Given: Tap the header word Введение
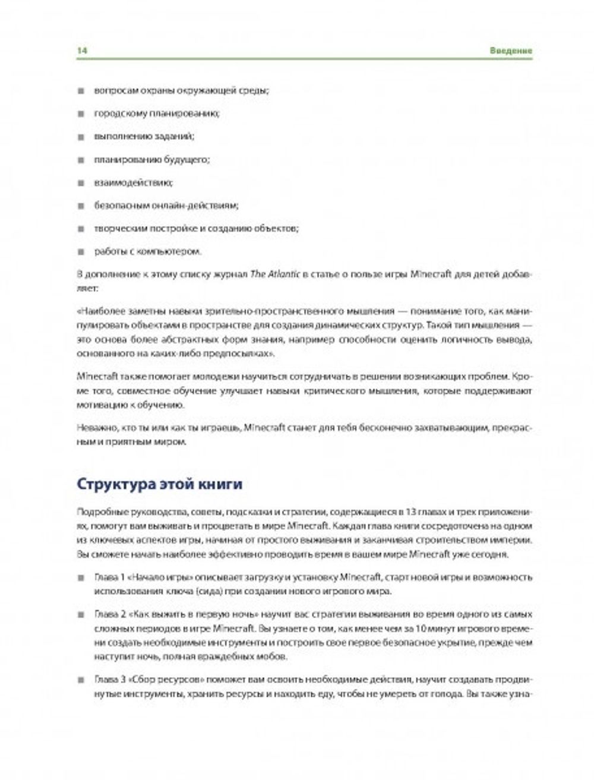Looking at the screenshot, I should [x=511, y=50].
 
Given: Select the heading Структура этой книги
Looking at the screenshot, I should [x=160, y=484].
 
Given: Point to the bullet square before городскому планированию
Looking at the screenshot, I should [x=81, y=113].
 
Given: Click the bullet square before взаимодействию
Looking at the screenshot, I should [x=81, y=183].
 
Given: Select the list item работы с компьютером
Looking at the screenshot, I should [x=148, y=251].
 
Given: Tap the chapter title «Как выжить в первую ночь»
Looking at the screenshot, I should [x=182, y=613].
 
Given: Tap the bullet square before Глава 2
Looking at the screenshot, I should [x=81, y=614].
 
